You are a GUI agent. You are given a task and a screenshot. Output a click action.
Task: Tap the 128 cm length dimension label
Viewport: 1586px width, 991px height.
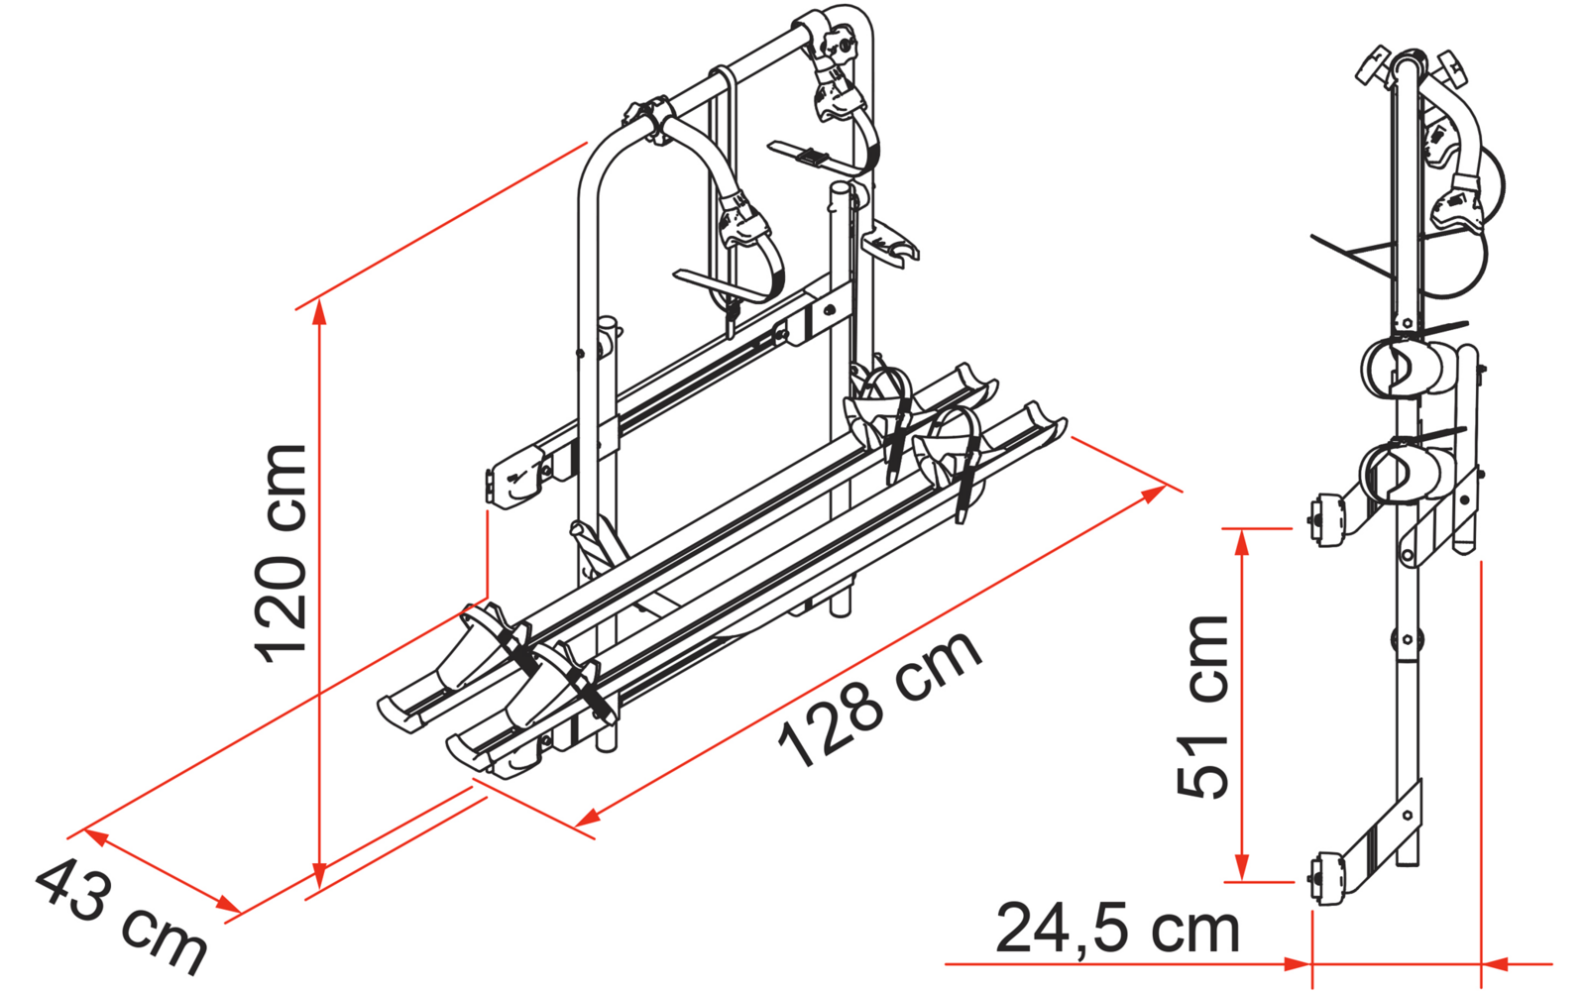(880, 700)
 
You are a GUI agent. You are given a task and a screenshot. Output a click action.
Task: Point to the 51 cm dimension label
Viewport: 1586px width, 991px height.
(1203, 707)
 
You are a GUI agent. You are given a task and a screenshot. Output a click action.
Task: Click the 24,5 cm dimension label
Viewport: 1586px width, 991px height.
(1118, 929)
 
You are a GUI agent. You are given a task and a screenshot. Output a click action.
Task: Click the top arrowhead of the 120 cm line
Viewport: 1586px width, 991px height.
(320, 311)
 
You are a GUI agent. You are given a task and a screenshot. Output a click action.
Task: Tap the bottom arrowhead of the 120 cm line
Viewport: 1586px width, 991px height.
(320, 875)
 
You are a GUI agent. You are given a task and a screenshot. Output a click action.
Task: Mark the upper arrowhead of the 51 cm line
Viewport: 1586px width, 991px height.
(1241, 542)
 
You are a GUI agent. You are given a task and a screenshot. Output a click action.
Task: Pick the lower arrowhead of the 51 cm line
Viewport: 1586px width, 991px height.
(1241, 868)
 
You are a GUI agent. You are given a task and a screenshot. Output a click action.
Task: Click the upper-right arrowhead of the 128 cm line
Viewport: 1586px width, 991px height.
(1154, 493)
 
